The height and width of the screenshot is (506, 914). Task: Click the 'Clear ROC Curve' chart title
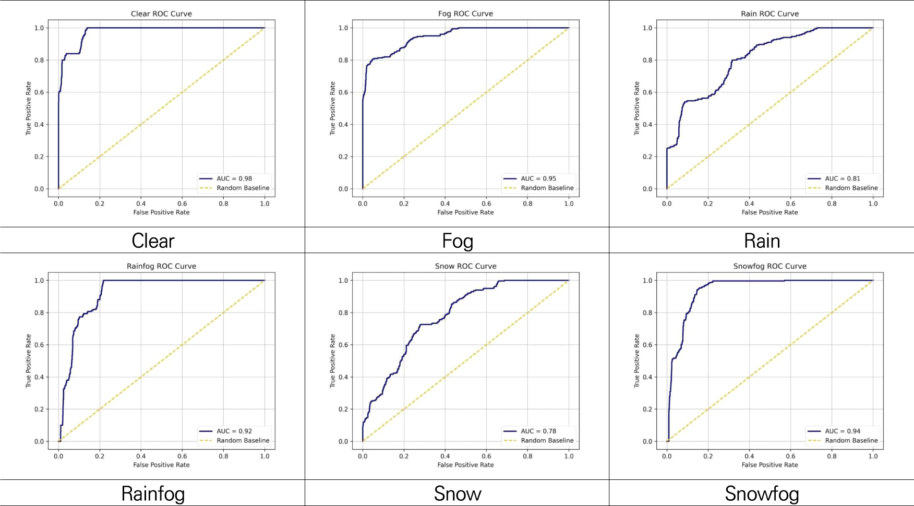pyautogui.click(x=161, y=14)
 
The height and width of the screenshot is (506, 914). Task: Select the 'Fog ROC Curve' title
pyautogui.click(x=465, y=14)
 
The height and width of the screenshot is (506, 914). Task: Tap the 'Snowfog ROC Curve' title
pyautogui.click(x=769, y=266)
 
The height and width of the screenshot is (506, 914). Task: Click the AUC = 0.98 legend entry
pyautogui.click(x=234, y=178)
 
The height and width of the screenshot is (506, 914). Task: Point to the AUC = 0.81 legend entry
pyautogui.click(x=843, y=178)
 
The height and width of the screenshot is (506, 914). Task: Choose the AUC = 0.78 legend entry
pyautogui.click(x=538, y=431)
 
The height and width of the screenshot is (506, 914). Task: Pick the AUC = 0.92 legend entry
pyautogui.click(x=234, y=431)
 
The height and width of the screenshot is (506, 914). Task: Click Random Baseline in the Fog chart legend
pyautogui.click(x=547, y=188)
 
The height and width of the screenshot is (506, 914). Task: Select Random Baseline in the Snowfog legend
pyautogui.click(x=851, y=440)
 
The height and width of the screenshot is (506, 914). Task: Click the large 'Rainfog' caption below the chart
pyautogui.click(x=153, y=493)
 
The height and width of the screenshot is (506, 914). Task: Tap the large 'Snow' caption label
pyautogui.click(x=458, y=493)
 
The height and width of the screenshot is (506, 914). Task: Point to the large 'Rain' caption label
pyautogui.click(x=762, y=241)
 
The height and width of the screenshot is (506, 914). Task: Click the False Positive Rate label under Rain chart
pyautogui.click(x=769, y=212)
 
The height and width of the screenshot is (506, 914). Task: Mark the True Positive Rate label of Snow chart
pyautogui.click(x=332, y=361)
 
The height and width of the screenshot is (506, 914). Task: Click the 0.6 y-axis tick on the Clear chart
pyautogui.click(x=40, y=92)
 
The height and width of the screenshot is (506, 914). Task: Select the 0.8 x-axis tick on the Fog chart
pyautogui.click(x=527, y=203)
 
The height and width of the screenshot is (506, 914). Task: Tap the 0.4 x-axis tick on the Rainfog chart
pyautogui.click(x=141, y=456)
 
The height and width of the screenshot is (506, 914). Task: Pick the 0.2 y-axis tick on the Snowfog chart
pyautogui.click(x=647, y=409)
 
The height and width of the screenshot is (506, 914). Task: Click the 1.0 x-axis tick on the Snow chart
pyautogui.click(x=569, y=456)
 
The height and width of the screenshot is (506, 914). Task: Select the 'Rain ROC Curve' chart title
pyautogui.click(x=769, y=14)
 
